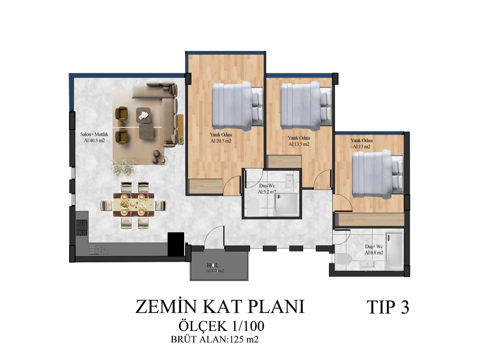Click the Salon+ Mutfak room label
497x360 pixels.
pyautogui.click(x=94, y=134)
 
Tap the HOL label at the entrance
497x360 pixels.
pyautogui.click(x=213, y=265)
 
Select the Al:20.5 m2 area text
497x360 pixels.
pyautogui.click(x=221, y=141)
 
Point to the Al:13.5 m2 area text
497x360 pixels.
pyautogui.click(x=299, y=144)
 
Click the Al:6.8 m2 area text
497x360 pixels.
pyautogui.click(x=374, y=253)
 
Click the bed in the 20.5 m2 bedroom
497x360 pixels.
pyautogui.click(x=237, y=106)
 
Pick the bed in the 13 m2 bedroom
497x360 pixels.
pyautogui.click(x=377, y=174)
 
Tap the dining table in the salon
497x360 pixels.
pyautogui.click(x=134, y=205)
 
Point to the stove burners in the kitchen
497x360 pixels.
pyautogui.click(x=82, y=228)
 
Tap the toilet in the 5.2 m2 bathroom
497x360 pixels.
pyautogui.click(x=253, y=206)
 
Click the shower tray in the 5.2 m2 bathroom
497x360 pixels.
pyautogui.click(x=286, y=204)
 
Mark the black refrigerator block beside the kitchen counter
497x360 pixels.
pyautogui.click(x=176, y=245)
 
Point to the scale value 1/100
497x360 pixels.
pyautogui.click(x=246, y=326)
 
